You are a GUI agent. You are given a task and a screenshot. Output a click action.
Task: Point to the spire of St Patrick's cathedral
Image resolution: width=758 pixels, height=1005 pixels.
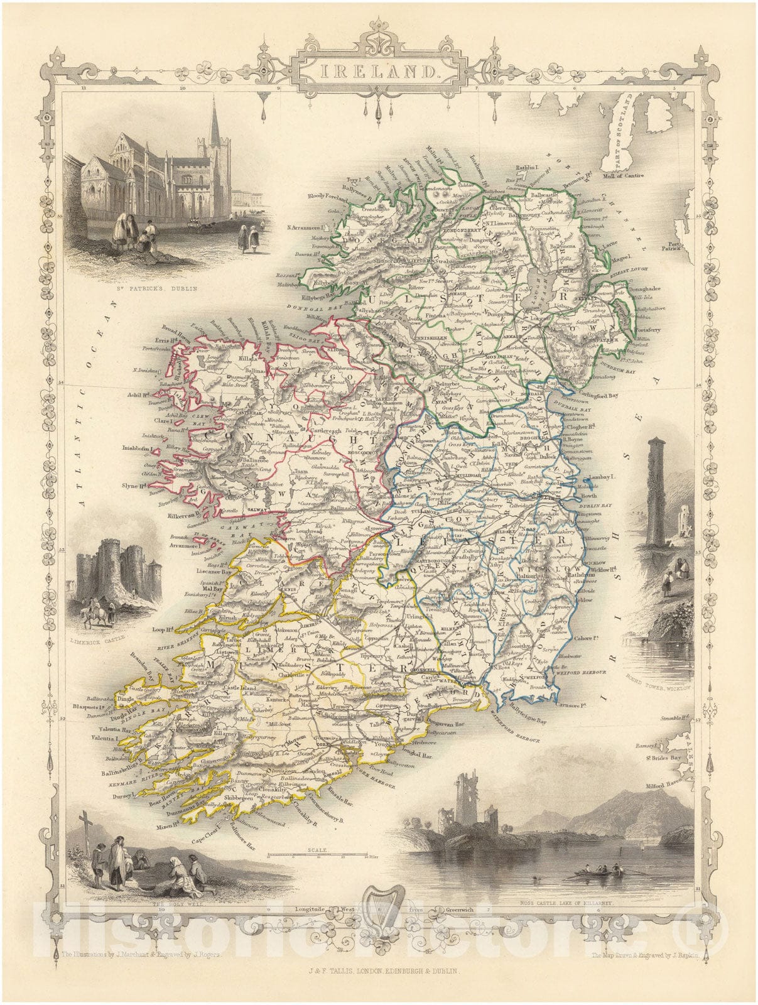(215, 119)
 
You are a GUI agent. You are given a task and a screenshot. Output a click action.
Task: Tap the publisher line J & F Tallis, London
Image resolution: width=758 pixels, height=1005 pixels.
(379, 971)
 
